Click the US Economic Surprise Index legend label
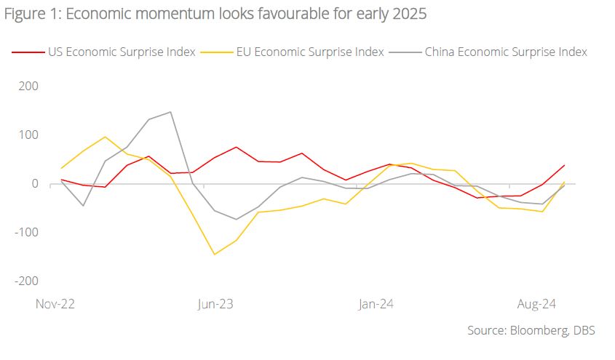click(122, 52)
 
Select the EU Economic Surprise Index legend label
click(309, 52)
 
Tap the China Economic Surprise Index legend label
click(505, 52)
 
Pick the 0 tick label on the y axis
click(34, 183)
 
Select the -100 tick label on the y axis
click(26, 232)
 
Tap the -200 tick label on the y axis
click(26, 281)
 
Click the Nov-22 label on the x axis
click(55, 304)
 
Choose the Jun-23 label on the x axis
click(215, 304)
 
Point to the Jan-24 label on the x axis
click(376, 304)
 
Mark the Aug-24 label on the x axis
click(537, 304)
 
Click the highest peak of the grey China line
click(170, 112)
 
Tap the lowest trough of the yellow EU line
click(215, 255)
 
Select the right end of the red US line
click(565, 165)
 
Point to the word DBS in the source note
click(584, 330)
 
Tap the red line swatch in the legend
click(28, 52)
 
